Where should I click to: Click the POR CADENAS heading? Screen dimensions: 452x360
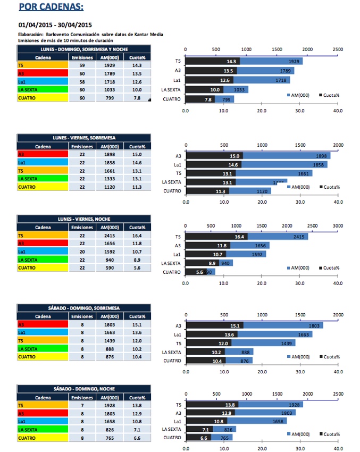point(51,7)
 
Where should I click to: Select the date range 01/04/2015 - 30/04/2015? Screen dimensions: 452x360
point(55,24)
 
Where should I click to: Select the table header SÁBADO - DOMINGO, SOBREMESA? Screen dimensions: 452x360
point(84,307)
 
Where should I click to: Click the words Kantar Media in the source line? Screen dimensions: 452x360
point(149,35)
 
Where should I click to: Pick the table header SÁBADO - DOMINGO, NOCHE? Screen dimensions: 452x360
point(84,389)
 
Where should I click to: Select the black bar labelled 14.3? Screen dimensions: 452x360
point(213,61)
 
